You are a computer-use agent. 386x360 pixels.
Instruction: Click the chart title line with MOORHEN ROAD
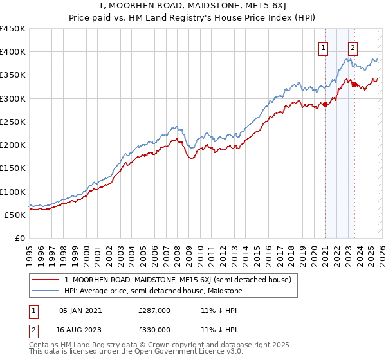tap(192, 6)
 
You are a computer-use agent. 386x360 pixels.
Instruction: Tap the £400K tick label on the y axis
tap(13, 52)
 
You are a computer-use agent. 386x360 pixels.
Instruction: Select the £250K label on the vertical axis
tap(13, 122)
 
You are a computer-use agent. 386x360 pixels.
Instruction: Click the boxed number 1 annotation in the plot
tap(323, 47)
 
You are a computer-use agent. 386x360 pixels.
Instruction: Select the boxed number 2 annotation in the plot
tap(353, 47)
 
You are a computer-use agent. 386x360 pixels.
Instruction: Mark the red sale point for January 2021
tap(325, 104)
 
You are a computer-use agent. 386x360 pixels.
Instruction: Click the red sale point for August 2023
tap(354, 84)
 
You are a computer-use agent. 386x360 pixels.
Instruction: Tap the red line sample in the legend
tap(44, 280)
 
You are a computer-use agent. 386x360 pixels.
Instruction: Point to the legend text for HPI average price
tap(153, 291)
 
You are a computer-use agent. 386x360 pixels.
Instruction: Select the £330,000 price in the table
tap(154, 329)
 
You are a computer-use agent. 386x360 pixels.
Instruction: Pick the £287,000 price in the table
tap(154, 310)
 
